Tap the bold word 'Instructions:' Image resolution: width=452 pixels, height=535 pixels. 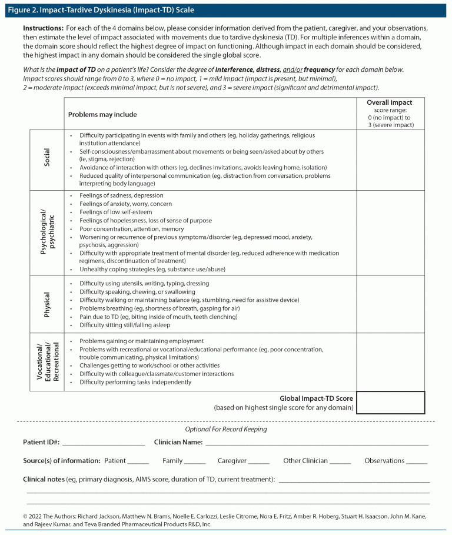(x=43, y=28)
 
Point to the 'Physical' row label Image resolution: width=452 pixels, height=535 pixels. (x=47, y=304)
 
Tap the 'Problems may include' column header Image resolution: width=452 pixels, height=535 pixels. (x=102, y=114)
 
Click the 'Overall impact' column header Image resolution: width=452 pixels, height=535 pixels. (x=390, y=102)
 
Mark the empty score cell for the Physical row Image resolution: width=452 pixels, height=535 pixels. (x=390, y=304)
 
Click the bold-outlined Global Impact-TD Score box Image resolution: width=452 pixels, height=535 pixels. (x=390, y=403)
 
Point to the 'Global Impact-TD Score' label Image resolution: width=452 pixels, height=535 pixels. (x=316, y=398)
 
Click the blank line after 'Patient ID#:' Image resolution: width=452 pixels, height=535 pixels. (x=103, y=443)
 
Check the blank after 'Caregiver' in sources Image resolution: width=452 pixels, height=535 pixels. (x=259, y=462)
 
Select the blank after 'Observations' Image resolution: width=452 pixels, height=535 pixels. (x=417, y=462)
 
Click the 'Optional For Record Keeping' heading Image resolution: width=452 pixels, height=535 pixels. (x=226, y=429)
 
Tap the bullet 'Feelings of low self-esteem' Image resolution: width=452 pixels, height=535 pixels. (x=115, y=212)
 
